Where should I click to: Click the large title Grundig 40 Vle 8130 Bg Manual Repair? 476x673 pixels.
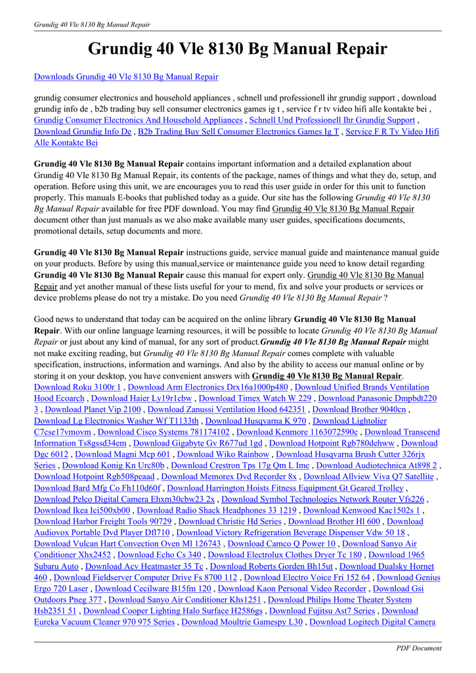pyautogui.click(x=238, y=49)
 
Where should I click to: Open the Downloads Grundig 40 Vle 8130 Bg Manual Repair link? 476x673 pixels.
pyautogui.click(x=126, y=77)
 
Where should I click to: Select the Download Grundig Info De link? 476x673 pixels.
pyautogui.click(x=83, y=131)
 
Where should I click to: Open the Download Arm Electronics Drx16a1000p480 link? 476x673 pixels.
pyautogui.click(x=207, y=387)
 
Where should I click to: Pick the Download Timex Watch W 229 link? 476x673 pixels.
pyautogui.click(x=255, y=398)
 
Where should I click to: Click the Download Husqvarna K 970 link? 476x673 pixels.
pyautogui.click(x=255, y=421)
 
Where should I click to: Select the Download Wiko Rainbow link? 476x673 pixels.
pyautogui.click(x=223, y=454)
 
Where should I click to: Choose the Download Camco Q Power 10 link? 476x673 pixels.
pyautogui.click(x=282, y=544)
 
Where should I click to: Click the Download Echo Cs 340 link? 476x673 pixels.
pyautogui.click(x=160, y=555)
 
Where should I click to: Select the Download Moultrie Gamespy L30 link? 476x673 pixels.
pyautogui.click(x=242, y=622)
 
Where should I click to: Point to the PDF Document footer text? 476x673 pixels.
pyautogui.click(x=419, y=648)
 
